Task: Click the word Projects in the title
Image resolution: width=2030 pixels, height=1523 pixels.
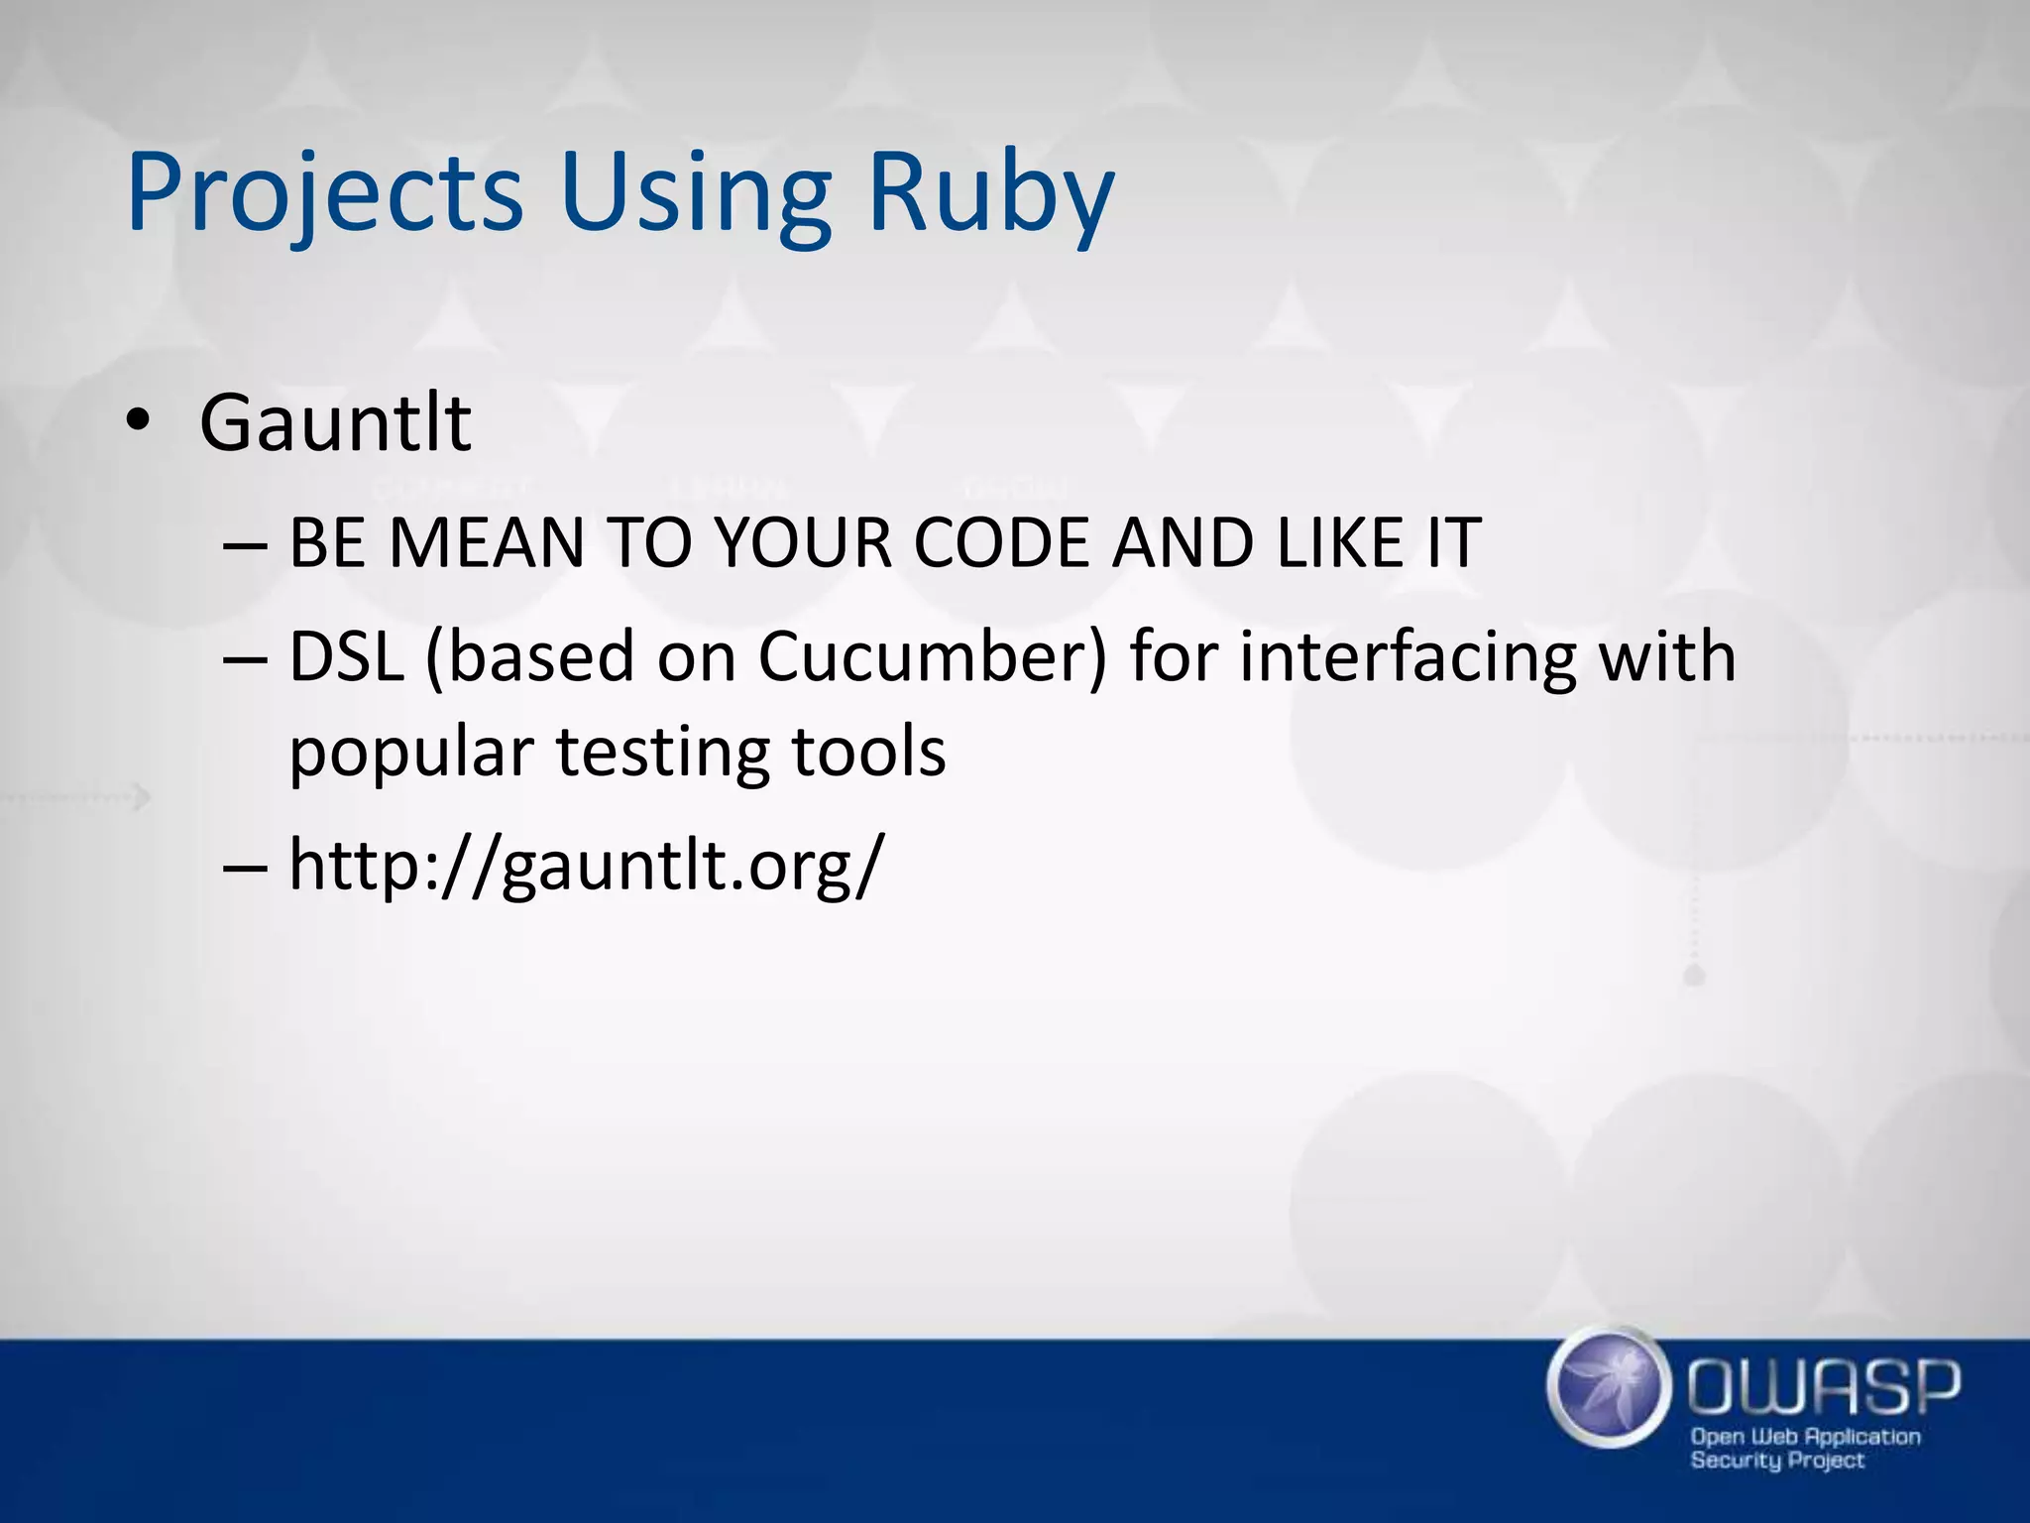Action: coord(324,193)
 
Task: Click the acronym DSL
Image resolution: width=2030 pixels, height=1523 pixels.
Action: coord(346,657)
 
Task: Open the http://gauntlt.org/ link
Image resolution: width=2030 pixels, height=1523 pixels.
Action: coord(585,865)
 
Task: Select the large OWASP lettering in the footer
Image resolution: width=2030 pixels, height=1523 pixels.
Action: coord(1824,1388)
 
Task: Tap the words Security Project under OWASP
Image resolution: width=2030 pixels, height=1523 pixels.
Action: coord(1777,1461)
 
